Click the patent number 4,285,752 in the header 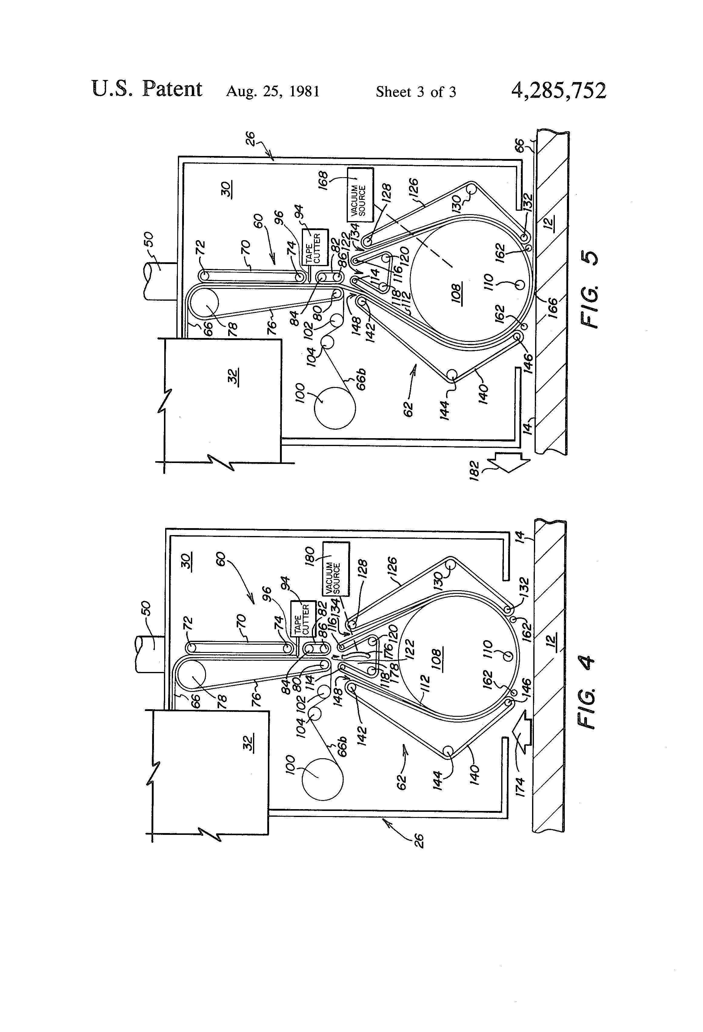(558, 91)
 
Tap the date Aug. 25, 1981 (273, 91)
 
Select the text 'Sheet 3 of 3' (416, 92)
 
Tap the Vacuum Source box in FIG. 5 (360, 194)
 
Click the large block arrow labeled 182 (508, 463)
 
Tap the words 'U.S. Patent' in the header (147, 89)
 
